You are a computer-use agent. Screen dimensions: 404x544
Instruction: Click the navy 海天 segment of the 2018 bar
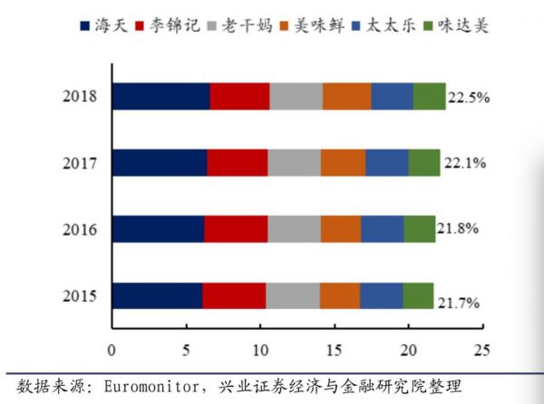(x=160, y=96)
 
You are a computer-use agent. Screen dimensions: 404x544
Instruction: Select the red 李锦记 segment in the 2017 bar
(x=238, y=163)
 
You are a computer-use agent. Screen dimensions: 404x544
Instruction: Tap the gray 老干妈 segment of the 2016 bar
(x=294, y=229)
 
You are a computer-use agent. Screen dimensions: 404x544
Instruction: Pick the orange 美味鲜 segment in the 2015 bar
(x=339, y=296)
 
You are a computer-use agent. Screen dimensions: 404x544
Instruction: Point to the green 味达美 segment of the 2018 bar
(x=430, y=96)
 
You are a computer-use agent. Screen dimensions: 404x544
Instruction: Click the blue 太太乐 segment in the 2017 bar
(x=387, y=163)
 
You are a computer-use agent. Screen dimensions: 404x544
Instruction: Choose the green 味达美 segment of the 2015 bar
(x=418, y=296)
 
